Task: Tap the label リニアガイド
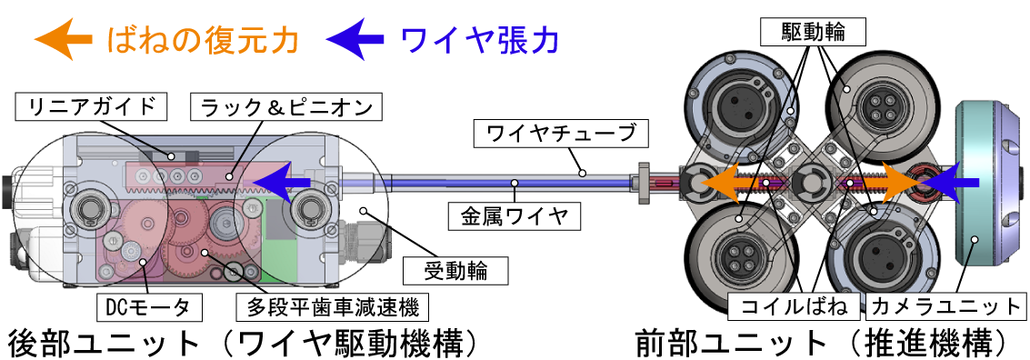pos(93,107)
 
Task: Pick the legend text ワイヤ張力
pos(479,39)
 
